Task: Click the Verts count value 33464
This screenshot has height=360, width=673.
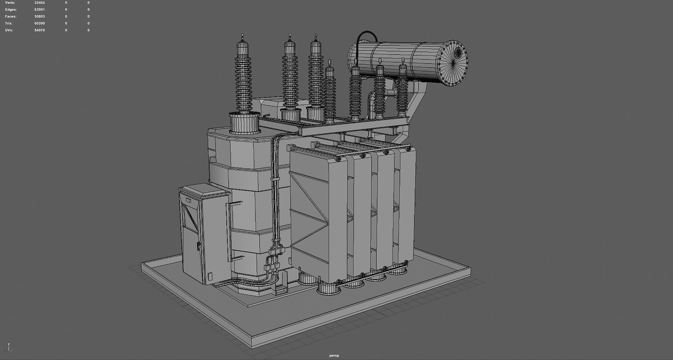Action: (39, 3)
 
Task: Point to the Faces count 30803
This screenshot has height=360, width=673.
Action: (39, 16)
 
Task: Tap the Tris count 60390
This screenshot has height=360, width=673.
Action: (39, 23)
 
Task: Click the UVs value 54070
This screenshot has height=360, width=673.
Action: (39, 30)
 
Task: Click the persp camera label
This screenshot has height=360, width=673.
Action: (334, 355)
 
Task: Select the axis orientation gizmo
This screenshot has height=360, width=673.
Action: (9, 348)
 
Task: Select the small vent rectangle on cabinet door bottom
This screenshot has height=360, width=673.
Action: (210, 277)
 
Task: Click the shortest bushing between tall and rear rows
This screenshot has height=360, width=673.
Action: (329, 93)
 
